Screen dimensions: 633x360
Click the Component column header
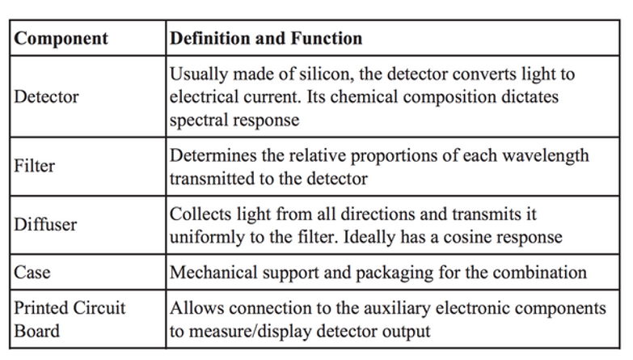[61, 39]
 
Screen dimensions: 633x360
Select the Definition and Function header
[266, 38]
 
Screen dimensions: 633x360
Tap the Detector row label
[46, 97]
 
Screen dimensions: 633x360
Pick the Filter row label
[34, 166]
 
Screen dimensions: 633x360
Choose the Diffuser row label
[45, 225]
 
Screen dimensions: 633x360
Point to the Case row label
[32, 273]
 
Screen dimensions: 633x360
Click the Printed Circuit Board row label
[70, 320]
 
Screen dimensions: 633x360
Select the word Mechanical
[213, 273]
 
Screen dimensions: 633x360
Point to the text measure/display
[251, 332]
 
